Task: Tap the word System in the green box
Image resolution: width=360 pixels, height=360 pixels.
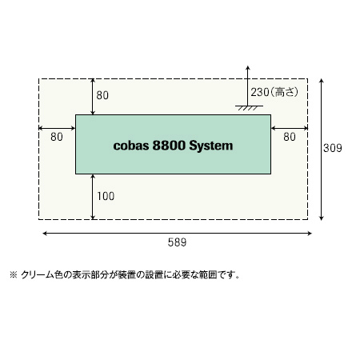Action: coord(211,146)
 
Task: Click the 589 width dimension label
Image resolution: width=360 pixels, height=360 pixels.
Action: coord(177,242)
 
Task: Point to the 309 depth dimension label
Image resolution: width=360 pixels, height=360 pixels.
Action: coord(333,148)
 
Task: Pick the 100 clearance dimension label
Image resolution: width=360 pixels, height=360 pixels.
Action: coord(106,196)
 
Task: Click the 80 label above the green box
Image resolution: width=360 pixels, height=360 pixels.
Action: coord(102,95)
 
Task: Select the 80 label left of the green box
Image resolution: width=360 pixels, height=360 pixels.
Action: coord(57,137)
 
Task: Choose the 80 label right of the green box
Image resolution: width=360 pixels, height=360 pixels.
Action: coord(290,137)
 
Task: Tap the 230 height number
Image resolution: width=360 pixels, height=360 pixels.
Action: coord(260,92)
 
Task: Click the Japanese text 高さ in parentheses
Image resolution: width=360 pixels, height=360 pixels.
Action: coord(284,92)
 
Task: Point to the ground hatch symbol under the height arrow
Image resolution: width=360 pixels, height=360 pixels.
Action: coord(249,108)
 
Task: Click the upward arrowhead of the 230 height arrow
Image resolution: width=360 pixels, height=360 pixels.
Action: coord(248,67)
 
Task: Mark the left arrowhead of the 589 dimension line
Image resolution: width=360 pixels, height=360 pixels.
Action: coord(45,234)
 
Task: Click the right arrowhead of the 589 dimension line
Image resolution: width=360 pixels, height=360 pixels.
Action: coord(310,234)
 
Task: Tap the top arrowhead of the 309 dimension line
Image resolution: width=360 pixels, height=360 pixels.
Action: coord(322,81)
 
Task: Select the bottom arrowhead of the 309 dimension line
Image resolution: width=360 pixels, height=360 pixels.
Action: coord(322,218)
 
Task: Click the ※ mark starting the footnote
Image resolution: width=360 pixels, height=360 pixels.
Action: coord(14,274)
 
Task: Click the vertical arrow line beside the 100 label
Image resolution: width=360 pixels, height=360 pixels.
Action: coord(93,197)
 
